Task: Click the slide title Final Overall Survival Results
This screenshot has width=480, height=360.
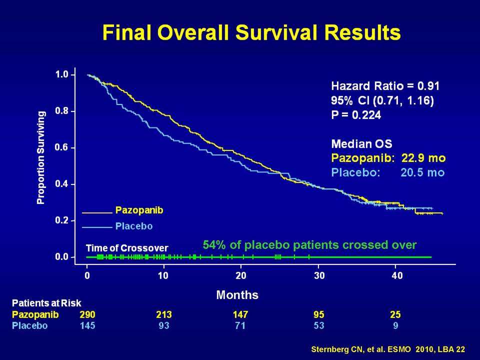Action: point(251,32)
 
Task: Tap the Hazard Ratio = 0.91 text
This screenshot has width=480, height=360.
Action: point(385,86)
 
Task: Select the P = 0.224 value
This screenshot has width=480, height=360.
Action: point(356,115)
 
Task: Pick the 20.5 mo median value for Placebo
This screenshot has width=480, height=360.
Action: point(422,172)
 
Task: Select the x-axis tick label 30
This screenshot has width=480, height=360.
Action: point(319,276)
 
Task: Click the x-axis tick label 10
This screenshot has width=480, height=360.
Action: point(163,276)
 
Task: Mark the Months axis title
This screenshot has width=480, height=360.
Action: point(237,295)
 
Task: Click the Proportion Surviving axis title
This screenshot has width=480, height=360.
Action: point(40,157)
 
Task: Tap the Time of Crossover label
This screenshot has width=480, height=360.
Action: point(127,248)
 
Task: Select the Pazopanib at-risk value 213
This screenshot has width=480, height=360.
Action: point(164,314)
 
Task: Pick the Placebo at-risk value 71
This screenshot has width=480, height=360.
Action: point(240,325)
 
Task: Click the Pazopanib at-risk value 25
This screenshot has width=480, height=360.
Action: point(395,314)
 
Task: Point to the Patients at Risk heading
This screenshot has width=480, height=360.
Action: point(46,303)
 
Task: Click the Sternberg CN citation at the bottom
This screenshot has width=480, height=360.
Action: point(388,349)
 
